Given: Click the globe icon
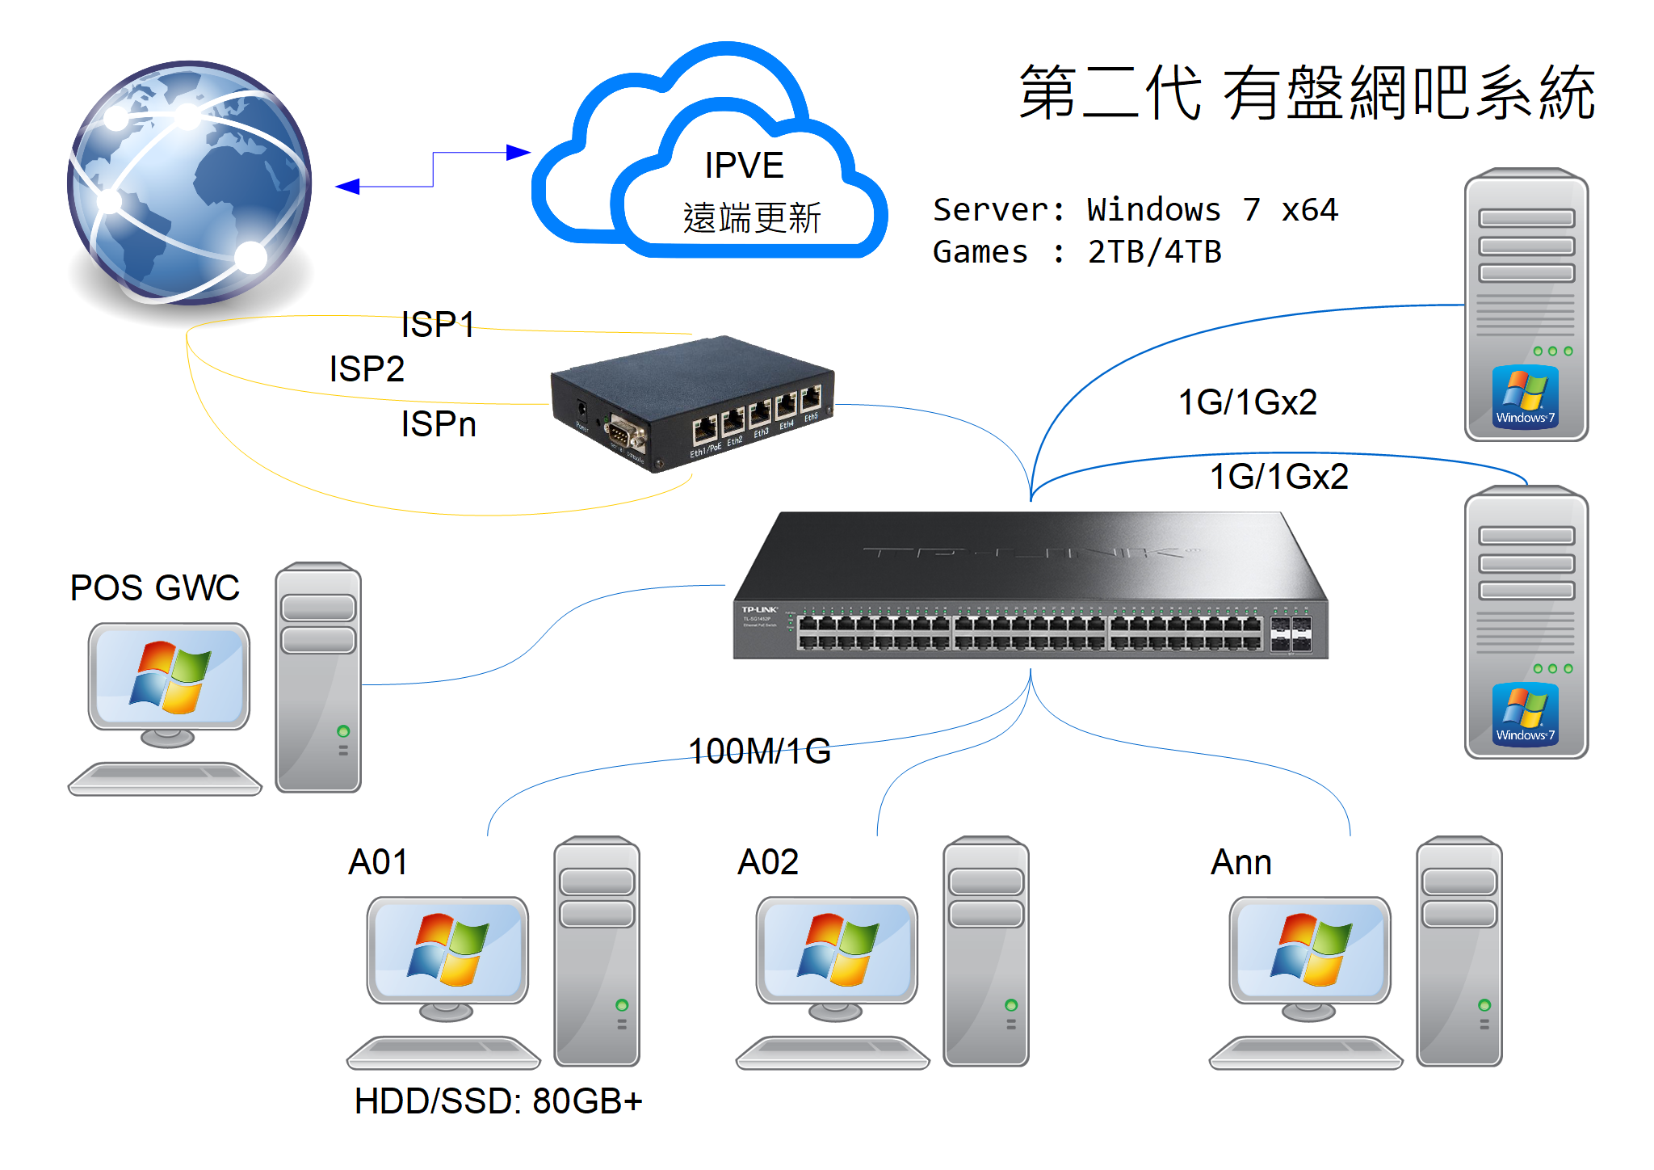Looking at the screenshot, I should [x=190, y=183].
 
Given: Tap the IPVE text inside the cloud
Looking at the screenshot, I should [x=744, y=166].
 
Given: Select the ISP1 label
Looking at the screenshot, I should [x=438, y=325].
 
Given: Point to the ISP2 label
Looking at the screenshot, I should [x=367, y=369].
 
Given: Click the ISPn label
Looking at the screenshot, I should [x=439, y=424].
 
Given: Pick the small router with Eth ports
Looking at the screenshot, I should [x=692, y=404].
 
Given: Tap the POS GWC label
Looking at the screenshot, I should [x=155, y=587].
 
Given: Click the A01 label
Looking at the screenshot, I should [x=378, y=862].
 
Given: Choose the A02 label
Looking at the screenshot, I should [x=768, y=862].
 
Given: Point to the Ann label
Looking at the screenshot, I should [x=1241, y=862].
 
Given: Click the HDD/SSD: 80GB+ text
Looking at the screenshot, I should [x=498, y=1101].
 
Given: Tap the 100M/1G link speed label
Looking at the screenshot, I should [x=759, y=751].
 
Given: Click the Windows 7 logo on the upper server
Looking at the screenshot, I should [x=1525, y=396].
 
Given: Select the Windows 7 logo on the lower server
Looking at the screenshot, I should [x=1525, y=713].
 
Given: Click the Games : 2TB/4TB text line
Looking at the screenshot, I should [x=1077, y=252].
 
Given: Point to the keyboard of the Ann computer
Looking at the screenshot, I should [x=1305, y=1052].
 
